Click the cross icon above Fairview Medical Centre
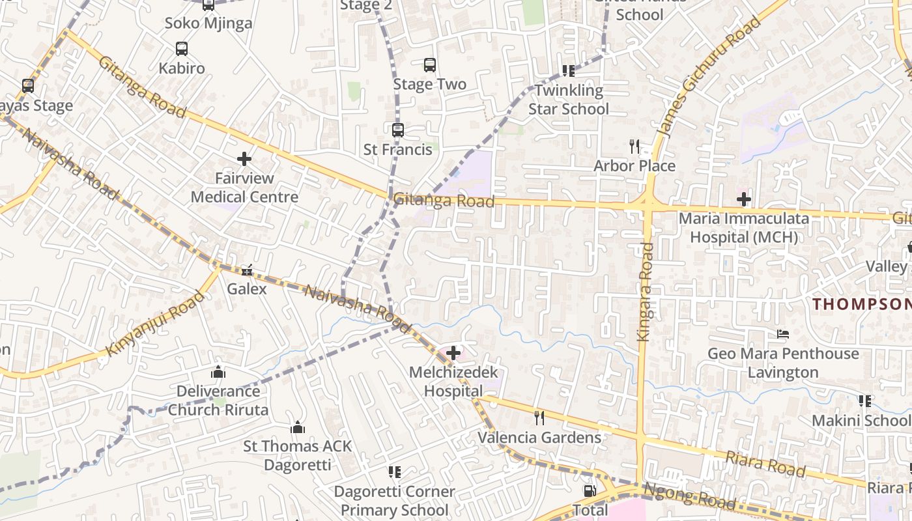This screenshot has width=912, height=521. pyautogui.click(x=244, y=159)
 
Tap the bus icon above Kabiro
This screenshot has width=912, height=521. pyautogui.click(x=182, y=49)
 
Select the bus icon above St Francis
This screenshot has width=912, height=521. pyautogui.click(x=398, y=130)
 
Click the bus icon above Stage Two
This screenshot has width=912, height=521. pyautogui.click(x=430, y=65)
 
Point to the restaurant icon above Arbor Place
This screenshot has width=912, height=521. pyautogui.click(x=635, y=147)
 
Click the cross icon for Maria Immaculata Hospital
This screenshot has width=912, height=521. pyautogui.click(x=744, y=199)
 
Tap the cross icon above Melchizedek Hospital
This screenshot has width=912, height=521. pyautogui.click(x=453, y=354)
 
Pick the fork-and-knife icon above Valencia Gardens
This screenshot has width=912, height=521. pyautogui.click(x=539, y=417)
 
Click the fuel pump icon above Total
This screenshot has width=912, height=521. pyautogui.click(x=590, y=491)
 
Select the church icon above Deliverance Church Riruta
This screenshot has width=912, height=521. pyautogui.click(x=218, y=372)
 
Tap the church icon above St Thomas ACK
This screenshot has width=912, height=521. pyautogui.click(x=298, y=427)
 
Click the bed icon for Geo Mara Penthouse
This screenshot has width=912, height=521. pyautogui.click(x=783, y=335)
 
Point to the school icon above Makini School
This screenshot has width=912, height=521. pyautogui.click(x=865, y=401)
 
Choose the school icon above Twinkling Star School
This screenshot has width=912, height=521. pyautogui.click(x=569, y=71)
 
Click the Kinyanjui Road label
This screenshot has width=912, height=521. pyautogui.click(x=155, y=324)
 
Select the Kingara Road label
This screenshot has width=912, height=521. pyautogui.click(x=645, y=291)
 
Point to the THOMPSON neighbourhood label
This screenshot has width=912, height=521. pyautogui.click(x=861, y=304)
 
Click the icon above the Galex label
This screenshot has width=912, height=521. pyautogui.click(x=247, y=270)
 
